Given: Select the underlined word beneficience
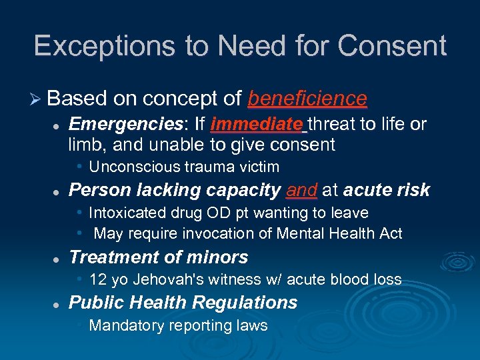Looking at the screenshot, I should click(x=307, y=99).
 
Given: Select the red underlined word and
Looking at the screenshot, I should click(x=302, y=191).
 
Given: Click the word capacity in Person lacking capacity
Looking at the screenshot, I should click(x=243, y=191).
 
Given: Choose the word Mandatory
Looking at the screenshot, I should click(x=122, y=325).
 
